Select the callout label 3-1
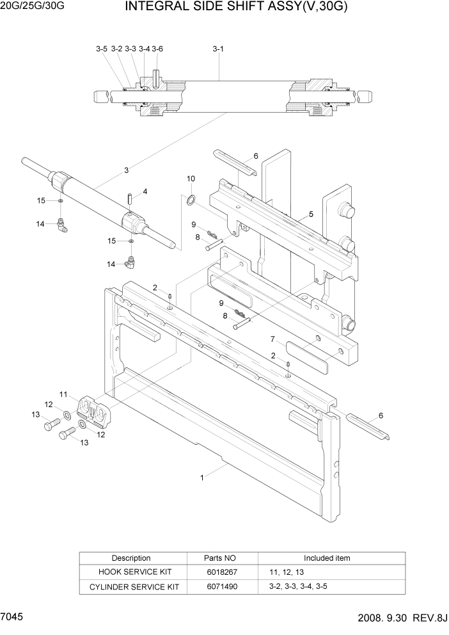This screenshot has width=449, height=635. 218,49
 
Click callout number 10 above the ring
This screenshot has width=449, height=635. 191,179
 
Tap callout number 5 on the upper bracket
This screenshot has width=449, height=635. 311,214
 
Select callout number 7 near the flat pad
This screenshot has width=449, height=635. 272,339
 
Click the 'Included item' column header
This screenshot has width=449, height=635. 326,558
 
